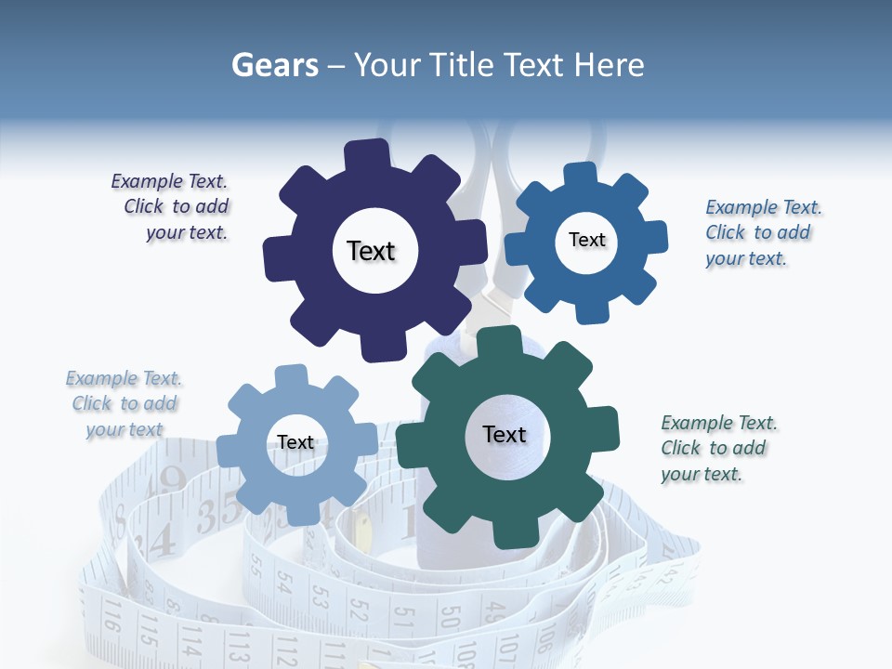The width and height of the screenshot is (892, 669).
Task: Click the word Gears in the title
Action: [x=271, y=65]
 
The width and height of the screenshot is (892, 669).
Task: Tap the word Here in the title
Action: [x=609, y=65]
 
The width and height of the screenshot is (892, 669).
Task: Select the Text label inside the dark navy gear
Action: [x=371, y=251]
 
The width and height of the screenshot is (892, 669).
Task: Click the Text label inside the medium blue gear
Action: [x=586, y=240]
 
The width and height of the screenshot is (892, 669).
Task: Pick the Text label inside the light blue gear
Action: [x=295, y=442]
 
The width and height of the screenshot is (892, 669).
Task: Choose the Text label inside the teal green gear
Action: [x=505, y=434]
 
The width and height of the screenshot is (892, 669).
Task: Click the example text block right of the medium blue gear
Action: [x=762, y=233]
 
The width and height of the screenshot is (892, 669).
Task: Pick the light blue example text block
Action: [x=124, y=403]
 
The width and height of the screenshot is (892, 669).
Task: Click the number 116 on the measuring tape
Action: [x=112, y=614]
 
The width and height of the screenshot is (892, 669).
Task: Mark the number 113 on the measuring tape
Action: [x=238, y=645]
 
